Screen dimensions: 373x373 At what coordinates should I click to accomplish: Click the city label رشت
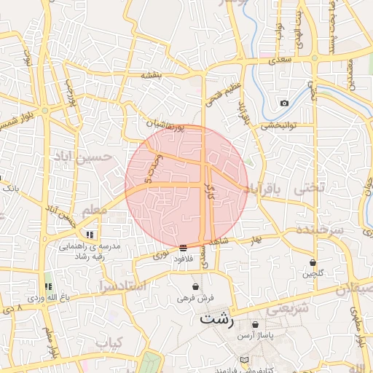(216, 318)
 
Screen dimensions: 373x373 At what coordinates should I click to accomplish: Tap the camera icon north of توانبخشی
(284, 103)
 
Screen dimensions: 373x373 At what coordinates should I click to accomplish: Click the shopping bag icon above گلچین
(313, 262)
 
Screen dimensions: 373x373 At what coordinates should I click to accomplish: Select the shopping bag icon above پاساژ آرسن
(255, 324)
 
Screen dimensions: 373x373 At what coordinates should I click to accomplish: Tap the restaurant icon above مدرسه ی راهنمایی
(90, 235)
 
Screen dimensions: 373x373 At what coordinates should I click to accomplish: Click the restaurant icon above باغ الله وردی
(49, 287)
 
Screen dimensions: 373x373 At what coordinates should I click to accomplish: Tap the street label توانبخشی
(278, 125)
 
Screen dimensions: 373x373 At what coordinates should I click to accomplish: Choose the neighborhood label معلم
(95, 210)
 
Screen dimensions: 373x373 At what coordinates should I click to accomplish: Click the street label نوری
(160, 255)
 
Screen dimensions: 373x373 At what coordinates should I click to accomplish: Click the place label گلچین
(313, 274)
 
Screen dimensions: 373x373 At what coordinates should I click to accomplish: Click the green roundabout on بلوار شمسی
(44, 111)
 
